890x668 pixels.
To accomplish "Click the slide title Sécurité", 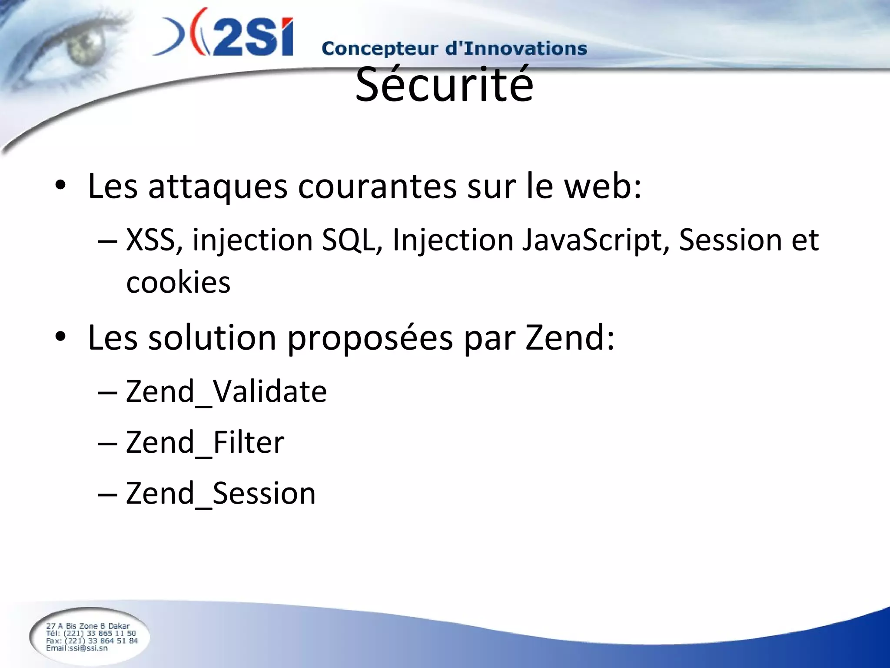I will (444, 85).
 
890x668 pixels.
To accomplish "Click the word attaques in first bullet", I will (218, 187).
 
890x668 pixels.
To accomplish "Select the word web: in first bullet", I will (603, 187).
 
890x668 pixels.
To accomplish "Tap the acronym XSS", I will (150, 240).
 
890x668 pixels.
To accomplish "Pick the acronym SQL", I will (348, 240).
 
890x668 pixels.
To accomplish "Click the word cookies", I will (178, 283).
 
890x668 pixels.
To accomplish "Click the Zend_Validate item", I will (226, 391).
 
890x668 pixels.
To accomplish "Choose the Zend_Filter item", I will (205, 442).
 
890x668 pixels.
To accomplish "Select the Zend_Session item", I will (220, 494).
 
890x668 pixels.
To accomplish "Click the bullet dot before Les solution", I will (60, 337).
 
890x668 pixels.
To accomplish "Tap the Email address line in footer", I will (77, 648).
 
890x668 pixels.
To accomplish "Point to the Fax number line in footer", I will (92, 641).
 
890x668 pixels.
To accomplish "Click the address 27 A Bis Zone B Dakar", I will (88, 626).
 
